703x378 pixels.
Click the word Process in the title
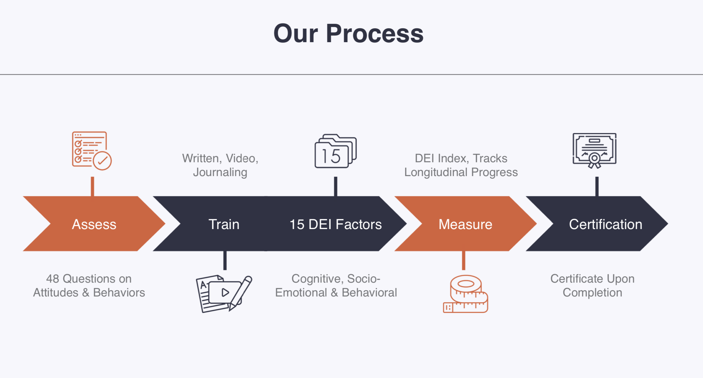(375, 33)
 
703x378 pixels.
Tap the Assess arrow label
(94, 224)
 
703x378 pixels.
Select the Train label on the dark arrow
(224, 224)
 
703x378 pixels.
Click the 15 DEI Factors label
(336, 224)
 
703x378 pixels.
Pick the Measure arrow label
(465, 224)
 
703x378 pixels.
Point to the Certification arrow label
(606, 224)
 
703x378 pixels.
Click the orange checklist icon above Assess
(92, 150)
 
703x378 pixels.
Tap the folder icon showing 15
(336, 151)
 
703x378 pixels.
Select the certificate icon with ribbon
(594, 150)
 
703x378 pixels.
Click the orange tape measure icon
(465, 294)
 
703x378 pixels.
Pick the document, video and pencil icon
(224, 294)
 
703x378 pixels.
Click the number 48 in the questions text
(53, 279)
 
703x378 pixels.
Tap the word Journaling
(220, 172)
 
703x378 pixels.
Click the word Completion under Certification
(592, 293)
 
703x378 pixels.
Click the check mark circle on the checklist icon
(102, 161)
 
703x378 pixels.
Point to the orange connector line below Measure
(464, 261)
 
